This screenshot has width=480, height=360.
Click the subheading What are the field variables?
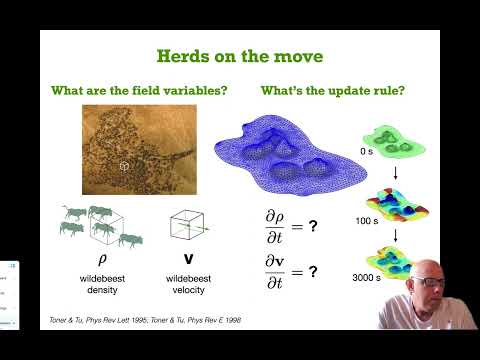[x=140, y=91]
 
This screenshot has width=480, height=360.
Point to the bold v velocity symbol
[x=183, y=257]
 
